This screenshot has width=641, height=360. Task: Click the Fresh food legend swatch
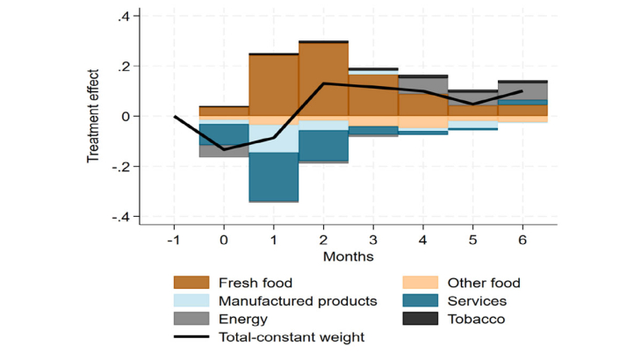tap(191, 283)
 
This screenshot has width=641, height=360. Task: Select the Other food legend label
tap(484, 283)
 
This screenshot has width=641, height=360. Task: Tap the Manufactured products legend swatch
tap(191, 301)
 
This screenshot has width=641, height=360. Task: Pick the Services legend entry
tap(476, 301)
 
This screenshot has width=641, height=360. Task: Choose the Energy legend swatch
tap(191, 320)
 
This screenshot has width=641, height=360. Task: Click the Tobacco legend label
tap(476, 320)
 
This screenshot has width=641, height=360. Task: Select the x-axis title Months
tap(349, 256)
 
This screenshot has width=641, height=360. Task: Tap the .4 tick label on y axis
tap(123, 16)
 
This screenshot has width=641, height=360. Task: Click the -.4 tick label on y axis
tap(120, 216)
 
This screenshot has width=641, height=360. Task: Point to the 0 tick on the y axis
tap(126, 116)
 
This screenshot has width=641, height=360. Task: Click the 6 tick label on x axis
tap(522, 239)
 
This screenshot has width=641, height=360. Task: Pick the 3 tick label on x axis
tap(373, 239)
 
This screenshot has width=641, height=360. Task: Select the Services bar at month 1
tap(273, 176)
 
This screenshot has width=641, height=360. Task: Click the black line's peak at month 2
tap(323, 83)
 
